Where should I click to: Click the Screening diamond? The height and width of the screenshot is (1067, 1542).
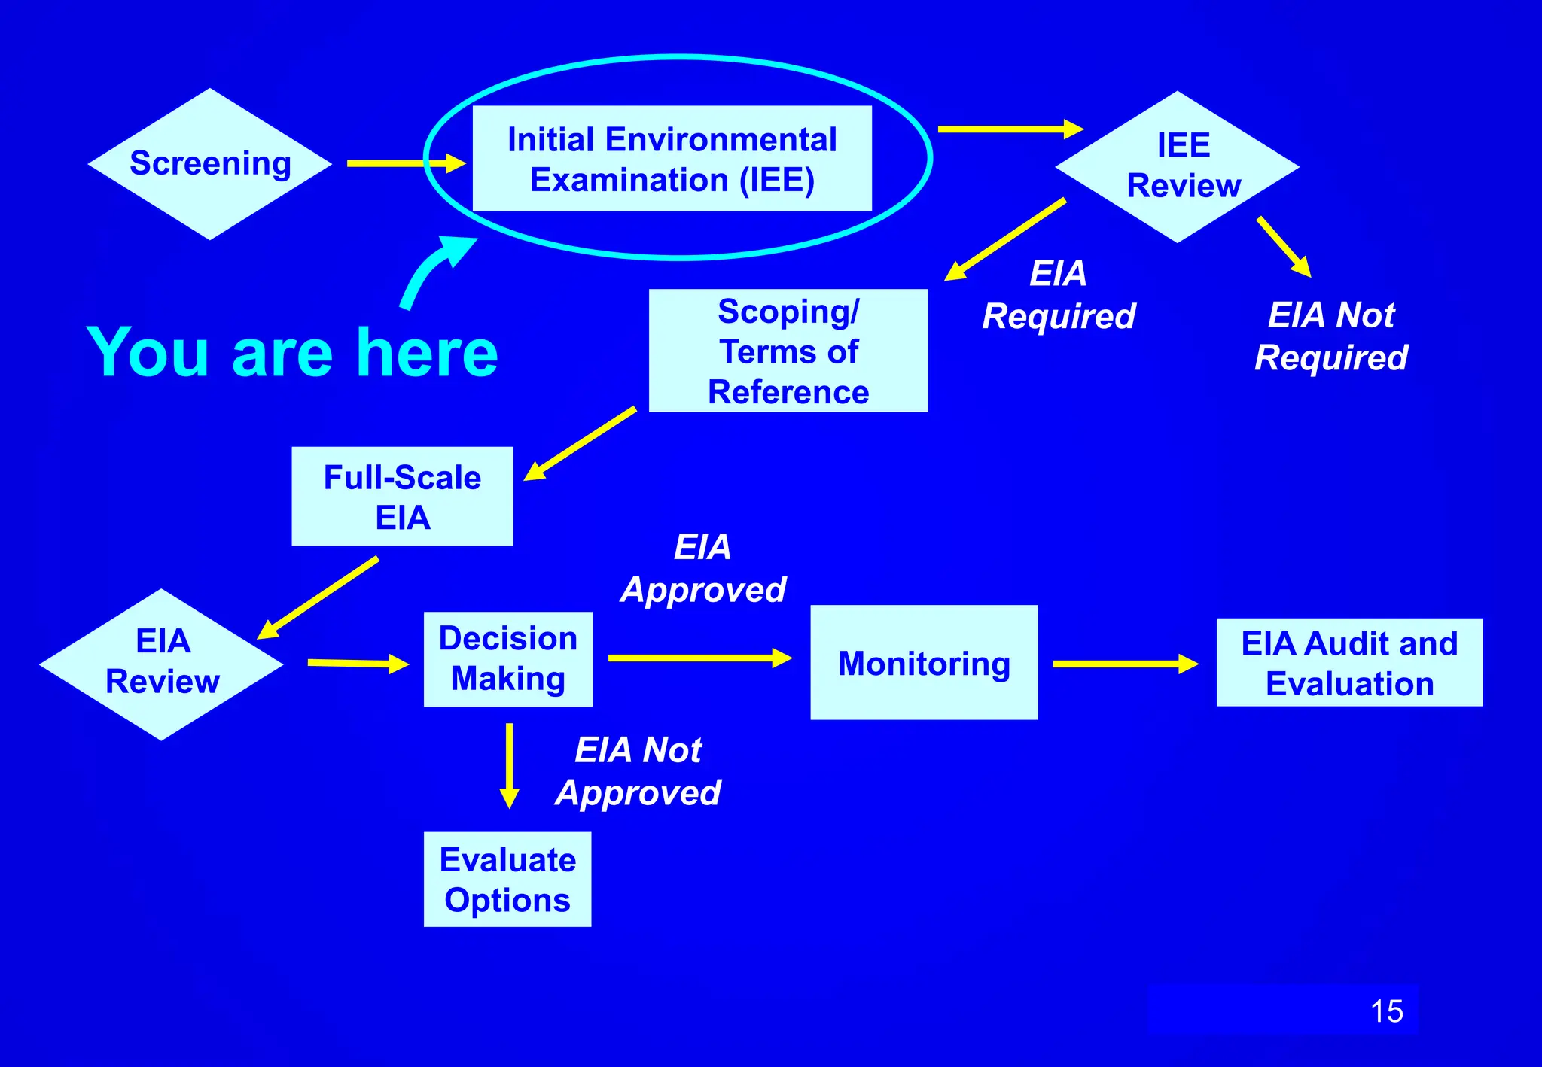[210, 164]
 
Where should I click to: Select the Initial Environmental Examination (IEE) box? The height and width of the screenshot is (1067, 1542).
[672, 159]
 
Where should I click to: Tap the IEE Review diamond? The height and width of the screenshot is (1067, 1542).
[1178, 167]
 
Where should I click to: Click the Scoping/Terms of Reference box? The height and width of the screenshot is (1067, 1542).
[788, 351]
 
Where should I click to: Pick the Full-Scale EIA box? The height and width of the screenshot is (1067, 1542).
[402, 497]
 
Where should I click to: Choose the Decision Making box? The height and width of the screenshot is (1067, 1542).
[508, 659]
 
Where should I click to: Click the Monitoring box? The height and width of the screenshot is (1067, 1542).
[924, 663]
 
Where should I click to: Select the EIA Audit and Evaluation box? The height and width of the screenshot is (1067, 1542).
[1349, 663]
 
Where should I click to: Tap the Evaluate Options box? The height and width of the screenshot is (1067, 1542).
[507, 880]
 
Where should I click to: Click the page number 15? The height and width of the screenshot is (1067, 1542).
[1386, 1011]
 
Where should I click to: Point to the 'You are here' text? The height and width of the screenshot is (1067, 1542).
[292, 352]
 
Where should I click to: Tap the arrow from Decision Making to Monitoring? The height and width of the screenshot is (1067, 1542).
[699, 658]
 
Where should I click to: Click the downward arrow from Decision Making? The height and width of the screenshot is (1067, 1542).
[510, 765]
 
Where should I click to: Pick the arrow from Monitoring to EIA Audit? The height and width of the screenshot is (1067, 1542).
[1125, 664]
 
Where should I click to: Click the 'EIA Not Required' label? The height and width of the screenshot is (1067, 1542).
[1331, 336]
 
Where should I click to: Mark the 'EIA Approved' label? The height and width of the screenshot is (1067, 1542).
[703, 568]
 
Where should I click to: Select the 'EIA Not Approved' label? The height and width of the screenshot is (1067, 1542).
[638, 771]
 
